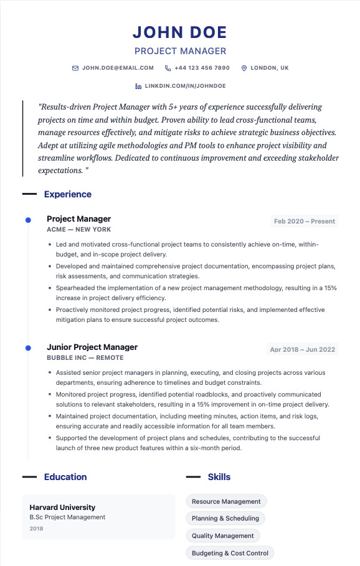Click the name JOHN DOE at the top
180,32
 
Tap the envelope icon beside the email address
75,68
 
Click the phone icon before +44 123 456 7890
168,68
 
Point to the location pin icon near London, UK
244,68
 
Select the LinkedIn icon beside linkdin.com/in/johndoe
138,85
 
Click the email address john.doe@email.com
118,68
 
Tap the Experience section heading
67,194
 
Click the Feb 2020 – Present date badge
305,221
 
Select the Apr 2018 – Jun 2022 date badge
302,349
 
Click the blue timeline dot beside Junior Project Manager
27,347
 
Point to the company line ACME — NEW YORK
78,230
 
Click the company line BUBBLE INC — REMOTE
85,358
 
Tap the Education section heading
65,477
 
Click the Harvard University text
62,507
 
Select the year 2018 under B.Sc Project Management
37,529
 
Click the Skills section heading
219,477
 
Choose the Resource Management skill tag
226,501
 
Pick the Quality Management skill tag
222,535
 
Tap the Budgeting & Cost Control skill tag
230,553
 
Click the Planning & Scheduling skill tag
225,518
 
